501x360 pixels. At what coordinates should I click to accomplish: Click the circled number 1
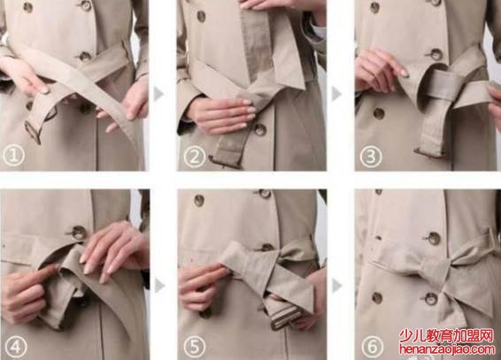[13, 156]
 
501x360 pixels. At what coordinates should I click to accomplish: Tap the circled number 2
[195, 156]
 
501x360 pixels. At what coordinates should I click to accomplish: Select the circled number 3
[371, 156]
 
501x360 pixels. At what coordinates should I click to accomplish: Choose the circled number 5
[195, 347]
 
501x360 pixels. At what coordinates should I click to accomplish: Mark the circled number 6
[373, 347]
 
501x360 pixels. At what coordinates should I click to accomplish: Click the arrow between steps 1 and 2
[158, 94]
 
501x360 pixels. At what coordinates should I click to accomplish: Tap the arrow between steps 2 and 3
[336, 94]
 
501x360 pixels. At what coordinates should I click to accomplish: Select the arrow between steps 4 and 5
[159, 286]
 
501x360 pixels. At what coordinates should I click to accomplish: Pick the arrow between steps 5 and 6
[337, 286]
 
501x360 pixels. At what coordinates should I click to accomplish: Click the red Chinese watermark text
[447, 336]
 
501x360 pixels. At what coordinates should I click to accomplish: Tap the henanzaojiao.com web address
[447, 349]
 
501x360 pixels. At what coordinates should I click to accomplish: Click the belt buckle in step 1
[34, 131]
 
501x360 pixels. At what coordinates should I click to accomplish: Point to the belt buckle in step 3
[429, 152]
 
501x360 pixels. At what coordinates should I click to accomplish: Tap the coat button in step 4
[78, 233]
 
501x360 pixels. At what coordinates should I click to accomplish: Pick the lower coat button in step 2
[259, 129]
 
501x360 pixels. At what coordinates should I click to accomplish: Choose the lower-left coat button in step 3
[379, 113]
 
